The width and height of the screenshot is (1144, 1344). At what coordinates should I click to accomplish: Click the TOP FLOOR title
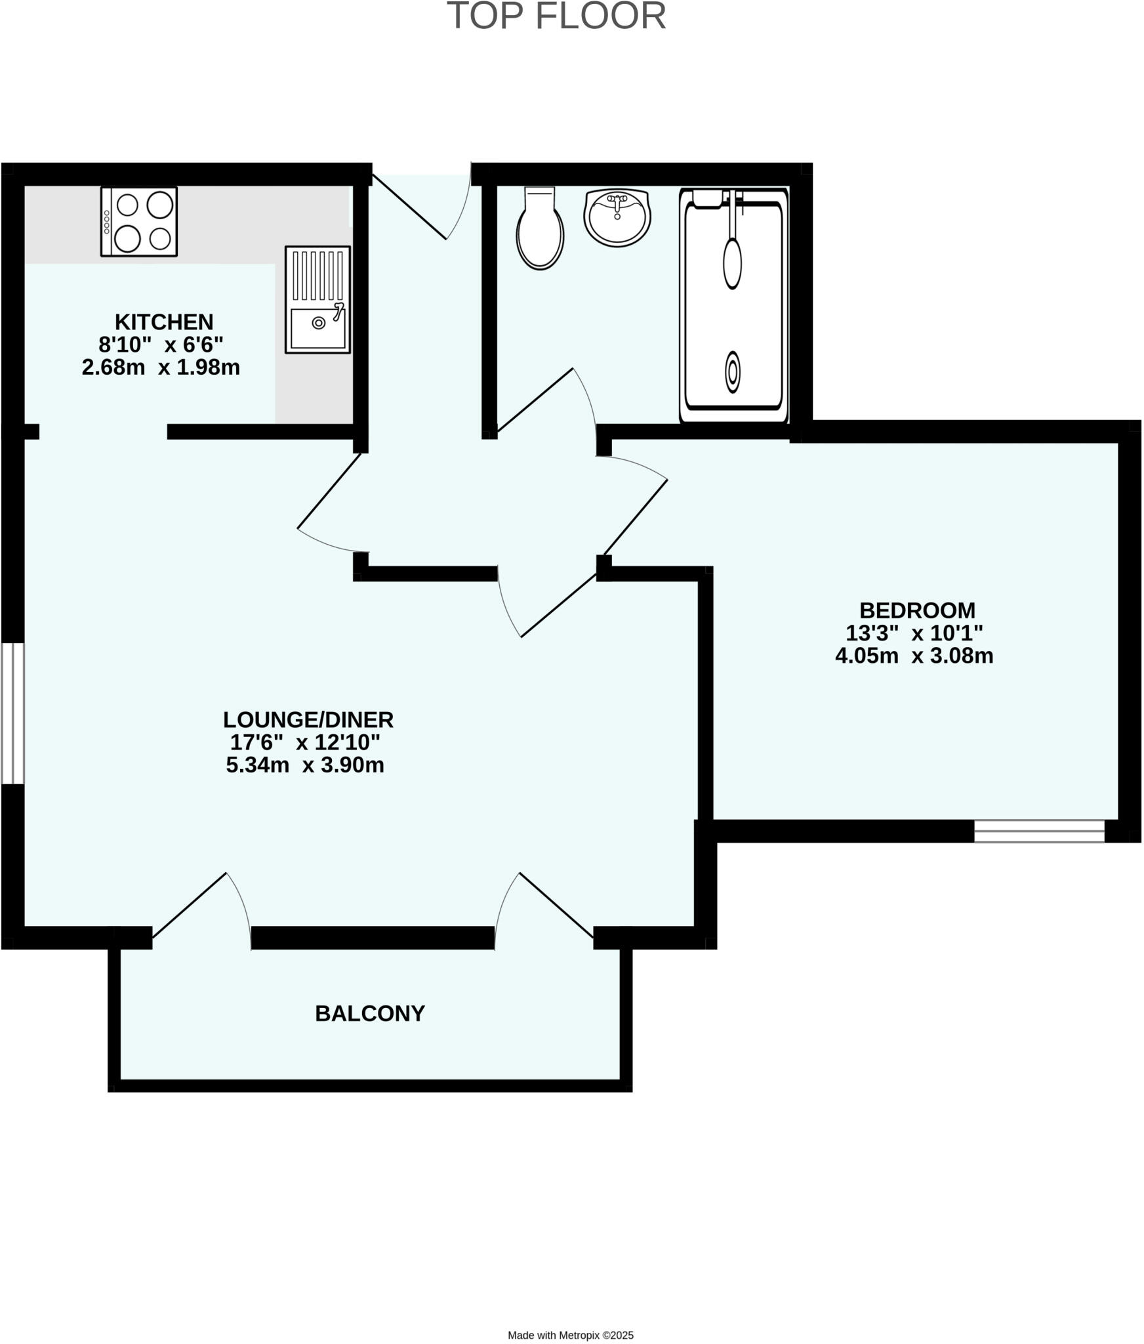coord(556,16)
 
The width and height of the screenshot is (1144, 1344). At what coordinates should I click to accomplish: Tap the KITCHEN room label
coord(164,322)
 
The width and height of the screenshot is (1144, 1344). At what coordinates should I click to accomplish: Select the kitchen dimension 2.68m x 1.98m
coord(161,367)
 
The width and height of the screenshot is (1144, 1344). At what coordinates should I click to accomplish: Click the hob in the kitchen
coord(139,222)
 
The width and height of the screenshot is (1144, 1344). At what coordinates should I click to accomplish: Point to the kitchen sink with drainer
coord(317,300)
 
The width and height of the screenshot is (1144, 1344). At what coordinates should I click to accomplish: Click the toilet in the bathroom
coord(540,229)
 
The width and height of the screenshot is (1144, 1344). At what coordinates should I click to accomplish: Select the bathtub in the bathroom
coord(733,305)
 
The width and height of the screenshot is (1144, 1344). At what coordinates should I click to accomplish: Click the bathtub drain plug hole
coord(733,372)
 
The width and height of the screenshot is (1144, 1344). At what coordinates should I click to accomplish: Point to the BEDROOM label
coord(917,611)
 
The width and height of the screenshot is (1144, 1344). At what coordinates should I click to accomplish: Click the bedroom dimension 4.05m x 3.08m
coord(914,656)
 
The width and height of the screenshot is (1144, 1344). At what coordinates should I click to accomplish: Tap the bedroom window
coord(1039,831)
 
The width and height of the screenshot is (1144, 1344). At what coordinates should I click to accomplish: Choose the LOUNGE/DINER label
coord(308,720)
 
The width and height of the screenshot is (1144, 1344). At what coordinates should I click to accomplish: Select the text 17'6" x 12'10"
coord(305,743)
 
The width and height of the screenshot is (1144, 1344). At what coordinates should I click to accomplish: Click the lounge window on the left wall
coord(12,713)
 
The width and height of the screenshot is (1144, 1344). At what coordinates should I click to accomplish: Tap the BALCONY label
coord(370,1014)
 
